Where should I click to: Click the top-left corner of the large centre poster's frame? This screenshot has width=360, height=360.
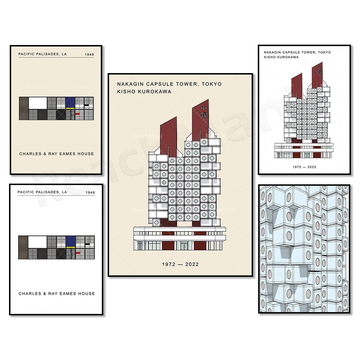click(x=108, y=73)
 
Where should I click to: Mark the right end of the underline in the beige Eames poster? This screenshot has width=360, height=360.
click(x=94, y=57)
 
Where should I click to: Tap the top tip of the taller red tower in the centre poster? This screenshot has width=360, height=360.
click(x=208, y=99)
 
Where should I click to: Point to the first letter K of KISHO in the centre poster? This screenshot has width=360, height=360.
click(x=119, y=91)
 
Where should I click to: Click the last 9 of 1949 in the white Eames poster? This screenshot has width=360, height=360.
click(x=94, y=192)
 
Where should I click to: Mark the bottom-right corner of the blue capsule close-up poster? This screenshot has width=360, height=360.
click(x=350, y=313)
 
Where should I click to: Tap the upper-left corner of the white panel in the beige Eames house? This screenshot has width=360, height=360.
click(x=29, y=97)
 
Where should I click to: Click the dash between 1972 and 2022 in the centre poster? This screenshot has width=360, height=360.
click(x=180, y=265)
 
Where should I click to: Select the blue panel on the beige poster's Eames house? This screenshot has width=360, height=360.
click(x=70, y=102)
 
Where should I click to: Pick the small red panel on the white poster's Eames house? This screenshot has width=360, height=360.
click(x=78, y=253)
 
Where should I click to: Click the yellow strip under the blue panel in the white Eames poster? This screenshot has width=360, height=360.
click(x=71, y=247)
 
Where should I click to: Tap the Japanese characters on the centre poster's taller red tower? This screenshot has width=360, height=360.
click(x=204, y=112)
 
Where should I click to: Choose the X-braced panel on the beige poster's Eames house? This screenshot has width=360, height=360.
click(x=61, y=114)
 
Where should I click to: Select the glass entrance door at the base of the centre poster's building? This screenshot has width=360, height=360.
click(x=184, y=247)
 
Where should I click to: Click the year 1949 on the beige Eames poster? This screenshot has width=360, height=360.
click(x=89, y=54)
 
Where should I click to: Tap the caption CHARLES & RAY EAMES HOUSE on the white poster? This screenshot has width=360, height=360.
click(x=57, y=293)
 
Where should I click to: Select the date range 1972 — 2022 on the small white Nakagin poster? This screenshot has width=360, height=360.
click(x=305, y=167)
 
